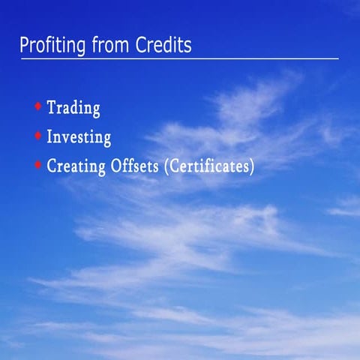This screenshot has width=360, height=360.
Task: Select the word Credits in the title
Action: (163, 45)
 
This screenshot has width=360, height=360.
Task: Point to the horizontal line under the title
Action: (180, 58)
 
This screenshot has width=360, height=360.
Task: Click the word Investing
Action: (79, 137)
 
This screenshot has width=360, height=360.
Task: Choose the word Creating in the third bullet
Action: (74, 166)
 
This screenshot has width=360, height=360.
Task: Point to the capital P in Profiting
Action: (24, 45)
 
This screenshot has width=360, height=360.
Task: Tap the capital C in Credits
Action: (140, 45)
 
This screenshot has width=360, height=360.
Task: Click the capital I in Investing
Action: (50, 137)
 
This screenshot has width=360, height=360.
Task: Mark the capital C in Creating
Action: (52, 166)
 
